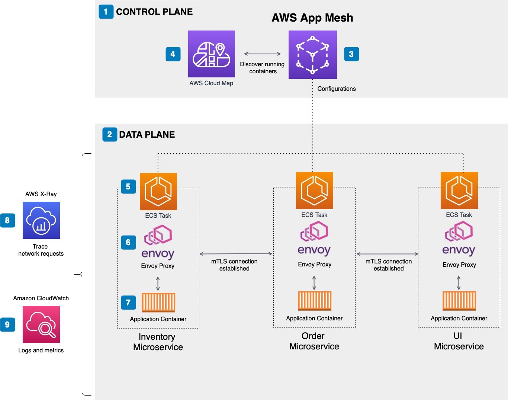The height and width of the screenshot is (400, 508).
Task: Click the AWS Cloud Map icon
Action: point(211,54)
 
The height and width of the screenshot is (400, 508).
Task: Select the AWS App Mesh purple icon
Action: point(312,55)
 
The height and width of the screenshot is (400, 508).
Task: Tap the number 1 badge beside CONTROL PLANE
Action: point(106,12)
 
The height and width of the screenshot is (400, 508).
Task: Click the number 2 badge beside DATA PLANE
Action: point(109,134)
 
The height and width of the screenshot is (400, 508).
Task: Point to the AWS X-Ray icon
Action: point(41,220)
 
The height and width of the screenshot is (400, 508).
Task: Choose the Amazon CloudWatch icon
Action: point(41,324)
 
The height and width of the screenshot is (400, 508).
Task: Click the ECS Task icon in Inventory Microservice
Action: point(158,192)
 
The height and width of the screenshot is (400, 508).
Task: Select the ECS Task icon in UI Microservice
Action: point(459,191)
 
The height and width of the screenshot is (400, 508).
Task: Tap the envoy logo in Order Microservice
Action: point(314,239)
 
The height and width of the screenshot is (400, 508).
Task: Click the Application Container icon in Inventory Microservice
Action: point(158,303)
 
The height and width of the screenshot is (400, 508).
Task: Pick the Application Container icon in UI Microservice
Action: point(459,301)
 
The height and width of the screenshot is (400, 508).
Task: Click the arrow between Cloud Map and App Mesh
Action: point(262,54)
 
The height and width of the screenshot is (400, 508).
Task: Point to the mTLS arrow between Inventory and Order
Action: point(236,254)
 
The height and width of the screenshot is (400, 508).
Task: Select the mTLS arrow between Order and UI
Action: point(387,254)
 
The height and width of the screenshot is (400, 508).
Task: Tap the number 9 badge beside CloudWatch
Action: point(7,324)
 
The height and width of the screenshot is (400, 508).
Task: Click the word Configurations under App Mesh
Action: point(336,89)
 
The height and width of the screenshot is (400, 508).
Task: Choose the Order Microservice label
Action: point(314,341)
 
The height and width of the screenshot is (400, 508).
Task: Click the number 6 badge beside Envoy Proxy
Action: point(128,242)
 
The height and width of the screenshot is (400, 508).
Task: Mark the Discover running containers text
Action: point(262,68)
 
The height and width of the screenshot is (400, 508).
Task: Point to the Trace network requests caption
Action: point(41,250)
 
